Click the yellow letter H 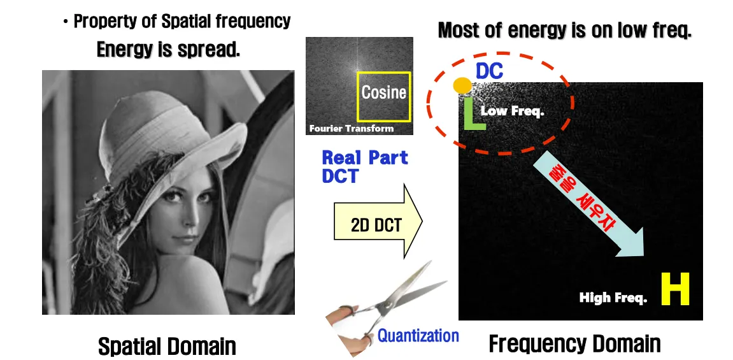tap(675, 290)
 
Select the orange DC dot tap(462, 85)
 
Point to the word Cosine tap(383, 92)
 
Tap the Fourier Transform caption tap(351, 129)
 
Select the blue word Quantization tap(418, 335)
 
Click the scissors tap(382, 306)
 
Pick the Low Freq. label tap(512, 111)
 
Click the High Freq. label tap(613, 298)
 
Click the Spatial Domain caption tap(167, 347)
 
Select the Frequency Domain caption tap(574, 345)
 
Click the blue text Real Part tap(365, 158)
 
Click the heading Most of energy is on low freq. tap(564, 30)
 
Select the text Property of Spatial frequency tap(181, 21)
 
